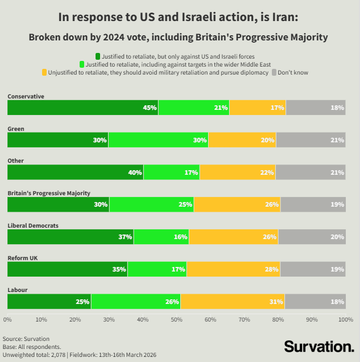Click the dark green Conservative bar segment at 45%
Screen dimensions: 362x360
click(83, 108)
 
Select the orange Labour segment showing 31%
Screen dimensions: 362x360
click(233, 302)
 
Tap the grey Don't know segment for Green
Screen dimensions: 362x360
click(311, 140)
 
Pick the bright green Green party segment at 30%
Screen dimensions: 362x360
click(158, 140)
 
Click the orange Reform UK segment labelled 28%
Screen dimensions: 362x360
click(233, 269)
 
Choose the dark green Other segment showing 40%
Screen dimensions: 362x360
click(76, 172)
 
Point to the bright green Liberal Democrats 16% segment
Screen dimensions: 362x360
click(161, 237)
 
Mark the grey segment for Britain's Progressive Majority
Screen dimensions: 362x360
click(313, 204)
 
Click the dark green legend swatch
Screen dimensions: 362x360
click(98, 56)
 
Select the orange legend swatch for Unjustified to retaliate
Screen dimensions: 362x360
click(44, 72)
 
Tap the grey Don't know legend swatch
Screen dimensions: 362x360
click(274, 72)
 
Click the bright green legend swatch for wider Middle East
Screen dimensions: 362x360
click(82, 64)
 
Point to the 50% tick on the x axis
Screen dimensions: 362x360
click(176, 319)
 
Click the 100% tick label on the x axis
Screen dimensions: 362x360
click(345, 319)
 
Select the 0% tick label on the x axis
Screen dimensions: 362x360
click(8, 319)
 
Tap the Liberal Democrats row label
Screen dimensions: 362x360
click(33, 225)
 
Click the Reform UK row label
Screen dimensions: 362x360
click(22, 258)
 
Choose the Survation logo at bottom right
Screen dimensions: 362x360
click(318, 346)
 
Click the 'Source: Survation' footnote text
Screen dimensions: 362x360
click(26, 339)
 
